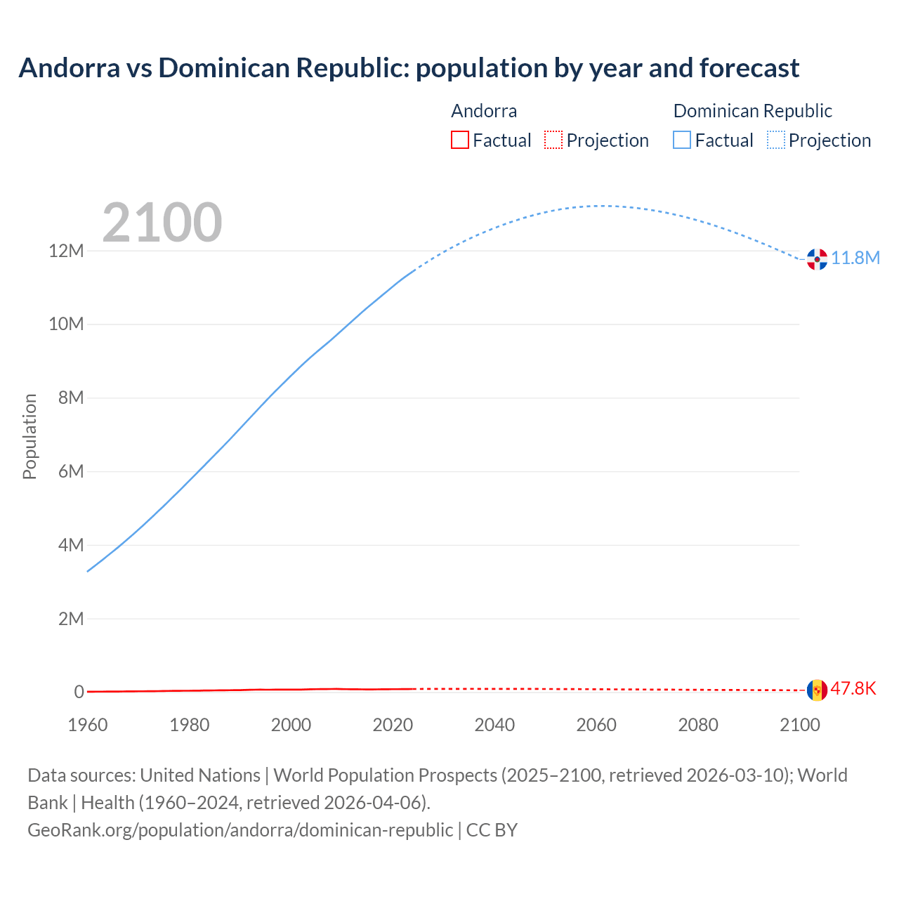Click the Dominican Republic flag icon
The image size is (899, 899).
(816, 259)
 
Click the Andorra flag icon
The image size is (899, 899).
(816, 690)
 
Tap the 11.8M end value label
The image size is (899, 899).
(855, 258)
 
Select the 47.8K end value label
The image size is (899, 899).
(853, 688)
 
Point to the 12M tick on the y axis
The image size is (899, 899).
(66, 251)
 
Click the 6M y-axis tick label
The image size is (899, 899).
(71, 471)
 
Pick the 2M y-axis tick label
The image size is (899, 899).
(71, 619)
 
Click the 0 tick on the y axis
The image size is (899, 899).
(79, 692)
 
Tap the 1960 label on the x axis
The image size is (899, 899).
(88, 725)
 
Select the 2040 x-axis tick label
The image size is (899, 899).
(494, 725)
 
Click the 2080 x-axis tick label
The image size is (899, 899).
(698, 725)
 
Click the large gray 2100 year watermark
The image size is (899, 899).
(162, 223)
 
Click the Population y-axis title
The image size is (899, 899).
(29, 436)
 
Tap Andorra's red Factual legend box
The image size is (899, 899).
(459, 140)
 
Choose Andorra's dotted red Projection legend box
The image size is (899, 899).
(553, 140)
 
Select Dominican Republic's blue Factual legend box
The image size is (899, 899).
(682, 140)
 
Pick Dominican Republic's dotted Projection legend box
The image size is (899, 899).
(775, 140)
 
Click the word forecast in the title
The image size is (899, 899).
(749, 68)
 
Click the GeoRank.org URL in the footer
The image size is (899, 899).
(240, 830)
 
